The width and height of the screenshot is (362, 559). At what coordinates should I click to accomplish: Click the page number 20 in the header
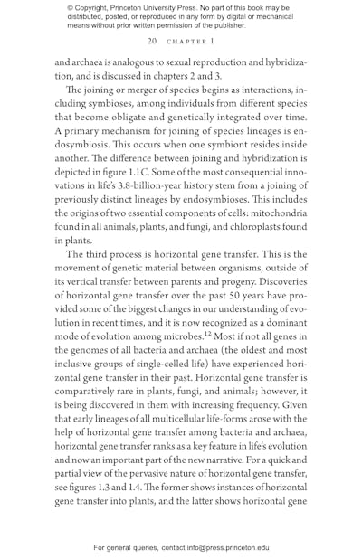click(152, 42)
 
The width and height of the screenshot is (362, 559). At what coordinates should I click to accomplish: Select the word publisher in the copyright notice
click(214, 25)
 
